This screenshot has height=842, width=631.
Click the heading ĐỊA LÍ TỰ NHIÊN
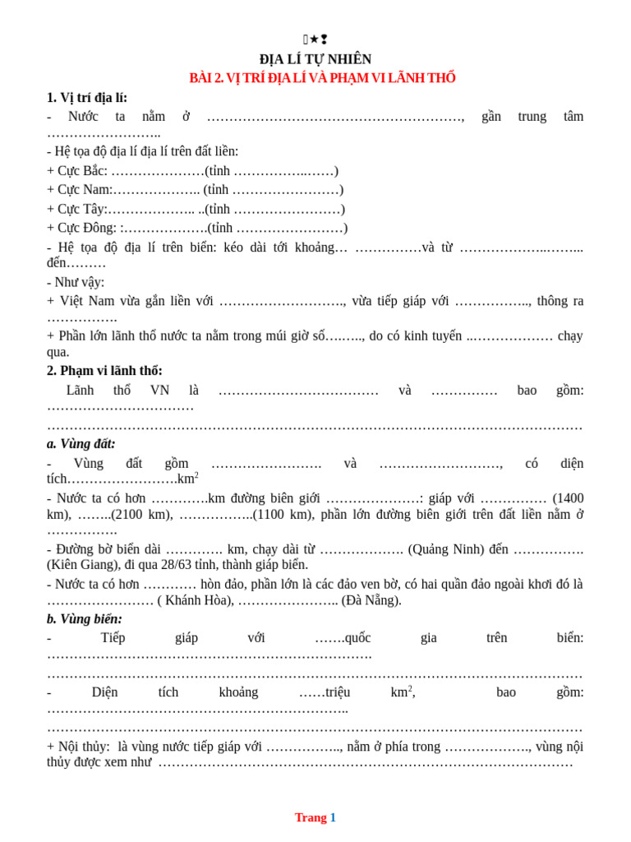pyautogui.click(x=315, y=59)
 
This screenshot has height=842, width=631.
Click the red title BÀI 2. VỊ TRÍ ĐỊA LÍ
pyautogui.click(x=322, y=78)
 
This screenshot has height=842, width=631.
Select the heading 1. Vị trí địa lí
pyautogui.click(x=87, y=98)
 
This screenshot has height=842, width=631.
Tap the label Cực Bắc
pyautogui.click(x=82, y=171)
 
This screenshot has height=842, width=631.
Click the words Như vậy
pyautogui.click(x=79, y=282)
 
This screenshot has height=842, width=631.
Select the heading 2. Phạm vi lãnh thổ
pyautogui.click(x=104, y=371)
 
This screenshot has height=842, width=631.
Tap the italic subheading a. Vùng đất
pyautogui.click(x=81, y=444)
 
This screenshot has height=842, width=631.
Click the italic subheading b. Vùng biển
pyautogui.click(x=85, y=619)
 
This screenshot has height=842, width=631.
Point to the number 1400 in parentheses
pyautogui.click(x=569, y=498)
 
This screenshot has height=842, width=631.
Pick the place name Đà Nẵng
pyautogui.click(x=371, y=600)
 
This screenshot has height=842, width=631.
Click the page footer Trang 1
pyautogui.click(x=315, y=817)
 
